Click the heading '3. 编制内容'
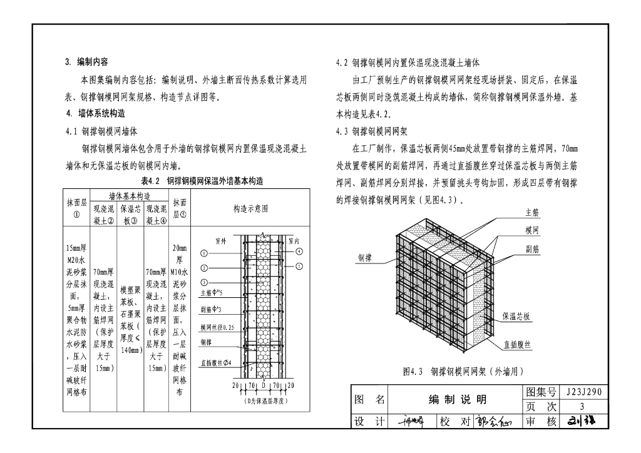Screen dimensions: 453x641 (87, 62)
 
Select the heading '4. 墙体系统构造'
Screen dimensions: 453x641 (95, 114)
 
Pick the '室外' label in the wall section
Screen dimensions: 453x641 (220, 240)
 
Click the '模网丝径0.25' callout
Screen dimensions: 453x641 (217, 327)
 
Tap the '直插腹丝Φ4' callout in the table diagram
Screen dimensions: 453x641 (216, 362)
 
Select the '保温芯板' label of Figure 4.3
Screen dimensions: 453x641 (517, 317)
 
